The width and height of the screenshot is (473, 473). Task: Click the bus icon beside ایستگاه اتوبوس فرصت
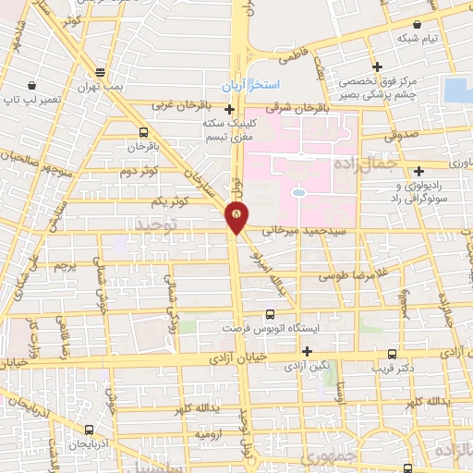tap(271, 314)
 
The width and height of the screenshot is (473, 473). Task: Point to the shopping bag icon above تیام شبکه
tap(418, 24)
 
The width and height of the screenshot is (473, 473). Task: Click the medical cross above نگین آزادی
tap(307, 351)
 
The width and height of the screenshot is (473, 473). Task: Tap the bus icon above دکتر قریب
tap(393, 353)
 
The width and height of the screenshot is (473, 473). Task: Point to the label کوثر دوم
tap(139, 171)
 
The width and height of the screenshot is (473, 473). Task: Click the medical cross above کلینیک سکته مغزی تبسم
tap(229, 109)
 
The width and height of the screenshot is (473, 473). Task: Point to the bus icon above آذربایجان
tap(89, 430)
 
